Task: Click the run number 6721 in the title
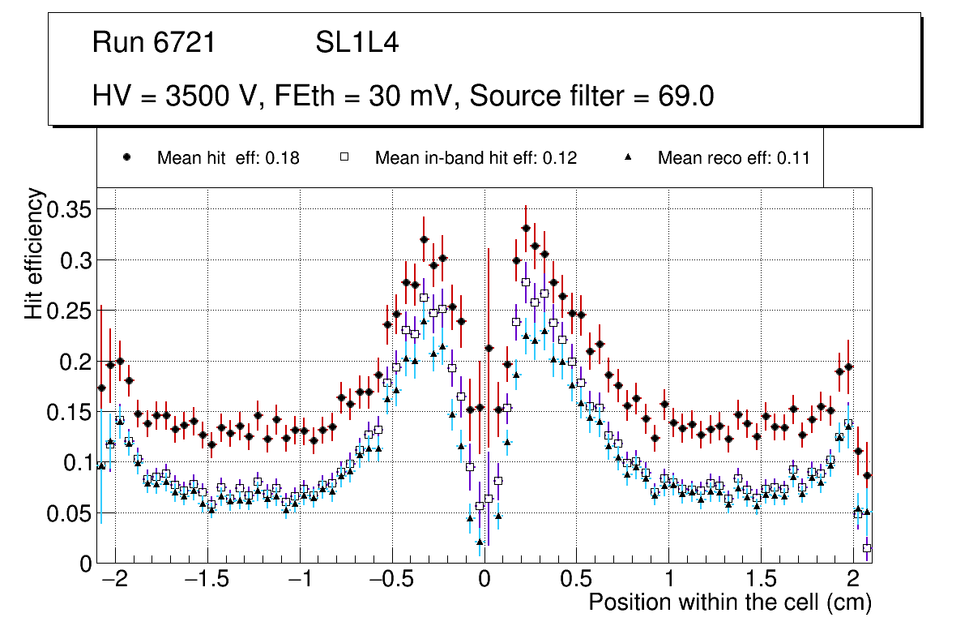[186, 43]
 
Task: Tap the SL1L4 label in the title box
[357, 43]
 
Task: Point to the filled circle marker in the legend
[127, 158]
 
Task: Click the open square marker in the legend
[344, 158]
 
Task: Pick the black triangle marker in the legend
[628, 158]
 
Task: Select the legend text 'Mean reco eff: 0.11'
[733, 158]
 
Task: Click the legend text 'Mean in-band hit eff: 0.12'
[476, 158]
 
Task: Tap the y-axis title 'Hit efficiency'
[34, 253]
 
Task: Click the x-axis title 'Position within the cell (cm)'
[729, 602]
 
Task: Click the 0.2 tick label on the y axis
[75, 361]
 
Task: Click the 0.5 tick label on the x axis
[575, 581]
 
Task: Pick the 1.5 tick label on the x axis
[760, 581]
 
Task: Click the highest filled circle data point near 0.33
[526, 229]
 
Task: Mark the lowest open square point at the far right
[867, 548]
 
